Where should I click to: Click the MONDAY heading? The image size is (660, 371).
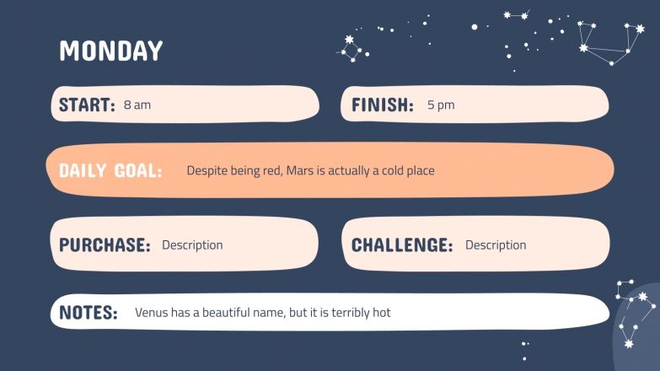pyautogui.click(x=110, y=51)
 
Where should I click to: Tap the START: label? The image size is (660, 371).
pyautogui.click(x=87, y=105)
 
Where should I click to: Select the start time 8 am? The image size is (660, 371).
pyautogui.click(x=137, y=105)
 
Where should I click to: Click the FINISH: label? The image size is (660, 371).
pyautogui.click(x=382, y=105)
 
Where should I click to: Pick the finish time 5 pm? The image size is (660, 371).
pyautogui.click(x=440, y=105)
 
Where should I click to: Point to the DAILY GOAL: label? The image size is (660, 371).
pyautogui.click(x=110, y=171)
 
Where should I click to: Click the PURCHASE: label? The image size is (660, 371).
pyautogui.click(x=105, y=245)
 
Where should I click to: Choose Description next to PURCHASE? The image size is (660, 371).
pyautogui.click(x=192, y=245)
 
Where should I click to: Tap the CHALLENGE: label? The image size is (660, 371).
pyautogui.click(x=401, y=245)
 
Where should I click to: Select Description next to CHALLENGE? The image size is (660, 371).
pyautogui.click(x=496, y=245)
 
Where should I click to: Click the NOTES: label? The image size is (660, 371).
pyautogui.click(x=88, y=313)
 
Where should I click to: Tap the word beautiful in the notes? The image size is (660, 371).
pyautogui.click(x=221, y=313)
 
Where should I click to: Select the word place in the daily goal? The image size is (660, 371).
pyautogui.click(x=421, y=171)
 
